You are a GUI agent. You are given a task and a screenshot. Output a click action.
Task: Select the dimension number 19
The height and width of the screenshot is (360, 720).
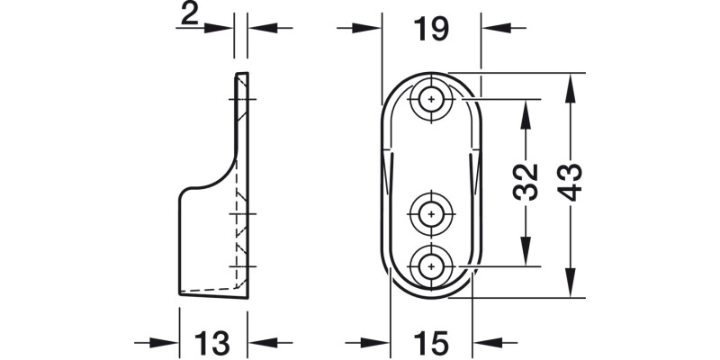431,29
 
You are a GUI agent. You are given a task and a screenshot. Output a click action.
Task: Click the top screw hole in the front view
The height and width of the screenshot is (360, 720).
432,100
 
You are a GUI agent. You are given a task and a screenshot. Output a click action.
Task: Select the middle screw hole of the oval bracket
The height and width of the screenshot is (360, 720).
432,214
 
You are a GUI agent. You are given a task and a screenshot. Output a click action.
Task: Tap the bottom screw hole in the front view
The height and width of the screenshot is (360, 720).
432,265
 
